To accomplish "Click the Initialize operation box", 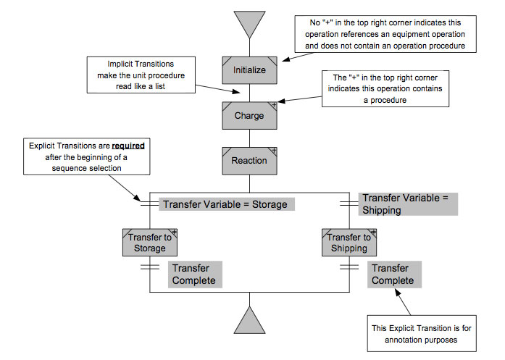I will click(249, 70).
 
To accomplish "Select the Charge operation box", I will click(249, 115).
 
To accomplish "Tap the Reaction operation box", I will click(249, 160).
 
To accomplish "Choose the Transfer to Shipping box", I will click(350, 242).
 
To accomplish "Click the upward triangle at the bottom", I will click(249, 321).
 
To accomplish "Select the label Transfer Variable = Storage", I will click(225, 204).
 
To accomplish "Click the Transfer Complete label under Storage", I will click(193, 275).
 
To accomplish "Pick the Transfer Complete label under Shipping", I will click(393, 275).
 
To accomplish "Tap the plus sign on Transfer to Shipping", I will click(374, 232).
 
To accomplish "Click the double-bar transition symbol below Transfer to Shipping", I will click(350, 267).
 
